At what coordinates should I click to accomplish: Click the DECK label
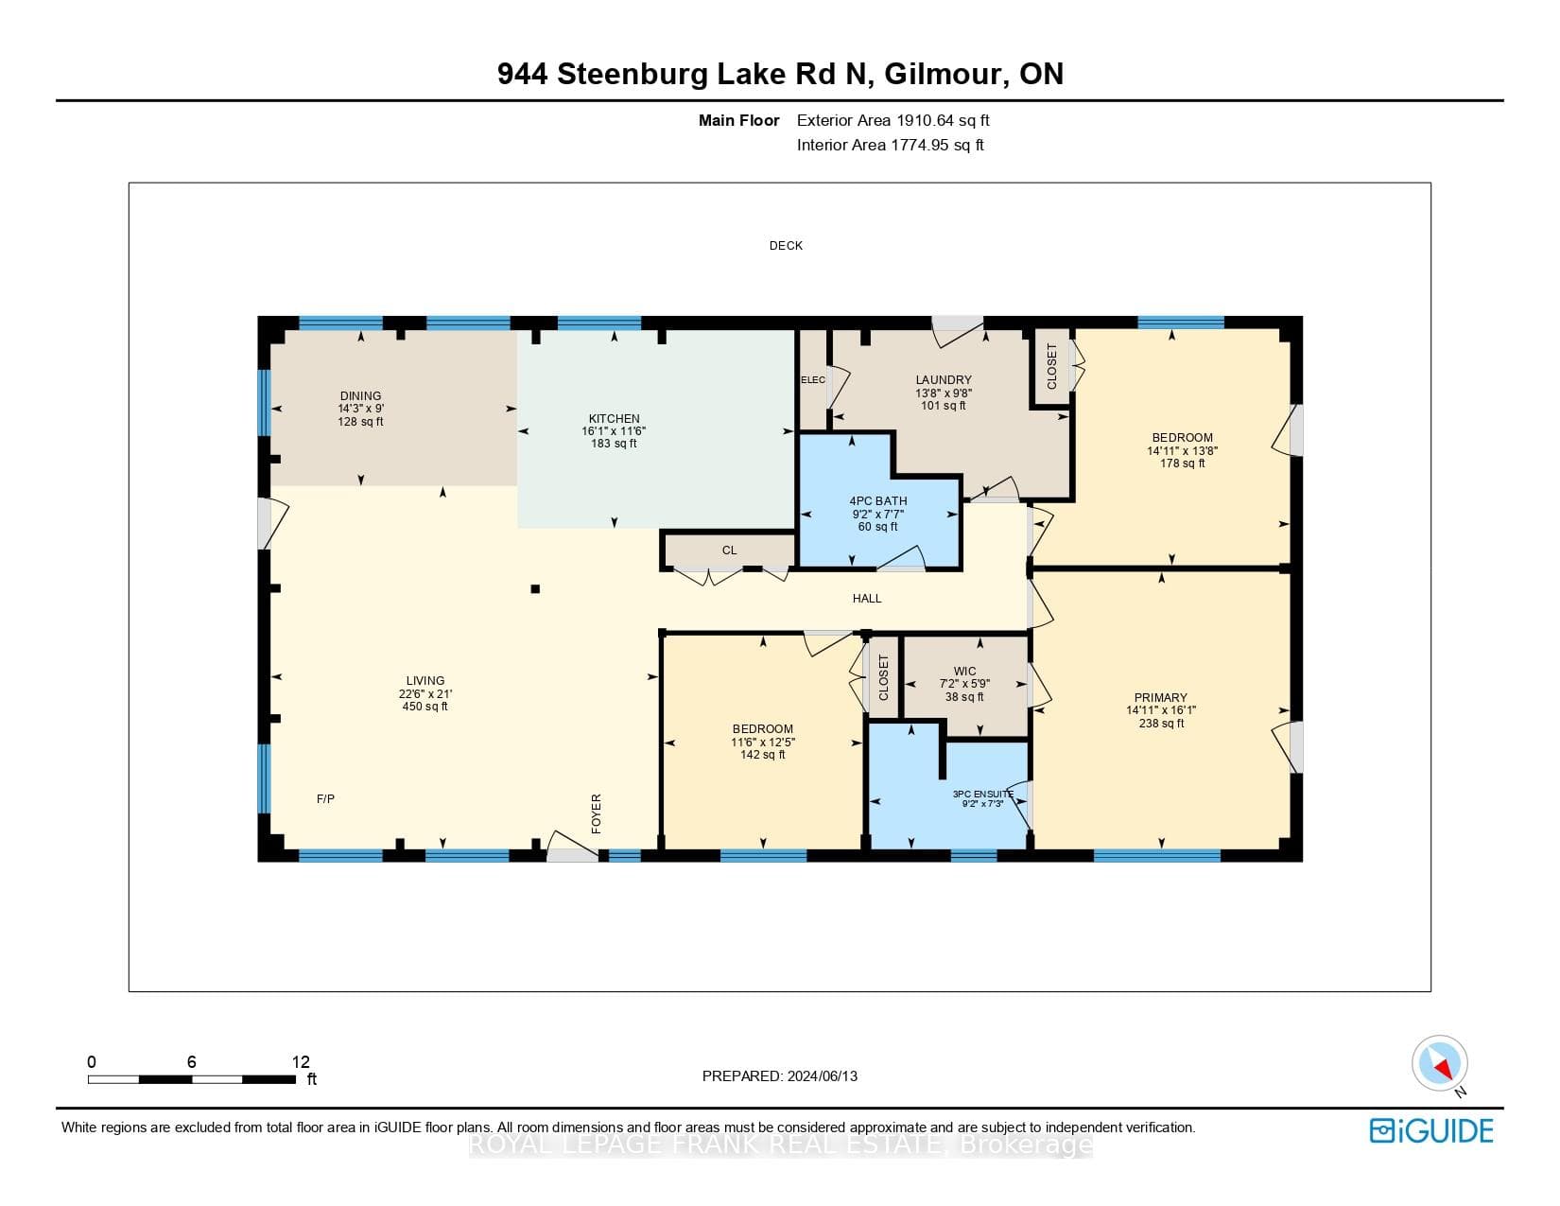point(786,246)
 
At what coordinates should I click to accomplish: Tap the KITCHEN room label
point(614,419)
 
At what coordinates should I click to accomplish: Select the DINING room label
point(360,395)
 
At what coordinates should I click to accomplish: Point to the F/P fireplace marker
point(325,798)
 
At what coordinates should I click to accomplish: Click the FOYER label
point(596,813)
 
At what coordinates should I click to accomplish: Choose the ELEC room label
point(813,380)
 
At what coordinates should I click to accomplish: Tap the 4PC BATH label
point(878,500)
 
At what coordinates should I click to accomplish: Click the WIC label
point(965,671)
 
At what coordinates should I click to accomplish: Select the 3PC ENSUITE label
point(983,794)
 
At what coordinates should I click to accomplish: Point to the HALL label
point(866,599)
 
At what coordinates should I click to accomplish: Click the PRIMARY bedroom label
point(1160,697)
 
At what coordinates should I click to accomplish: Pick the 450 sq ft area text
point(425,706)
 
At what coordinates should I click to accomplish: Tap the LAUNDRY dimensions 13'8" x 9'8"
point(944,393)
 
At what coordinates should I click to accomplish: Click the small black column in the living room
point(535,589)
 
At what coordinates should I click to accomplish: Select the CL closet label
point(729,551)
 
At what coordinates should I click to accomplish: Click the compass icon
point(1439,1063)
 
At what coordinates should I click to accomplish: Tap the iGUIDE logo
point(1430,1130)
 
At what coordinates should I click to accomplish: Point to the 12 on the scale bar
point(301,1061)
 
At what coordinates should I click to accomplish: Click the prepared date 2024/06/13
point(822,1076)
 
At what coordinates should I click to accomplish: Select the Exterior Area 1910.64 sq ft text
point(893,121)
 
